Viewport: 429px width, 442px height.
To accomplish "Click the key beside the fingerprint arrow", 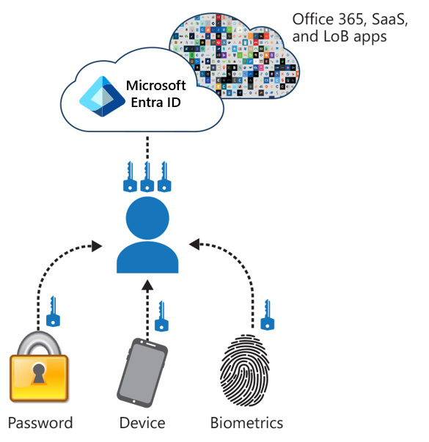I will pyautogui.click(x=268, y=313).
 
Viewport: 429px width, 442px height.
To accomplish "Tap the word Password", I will pyautogui.click(x=40, y=423).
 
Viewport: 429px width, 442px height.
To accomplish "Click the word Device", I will pyautogui.click(x=142, y=423).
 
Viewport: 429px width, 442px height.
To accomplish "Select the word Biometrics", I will pyautogui.click(x=246, y=423).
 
